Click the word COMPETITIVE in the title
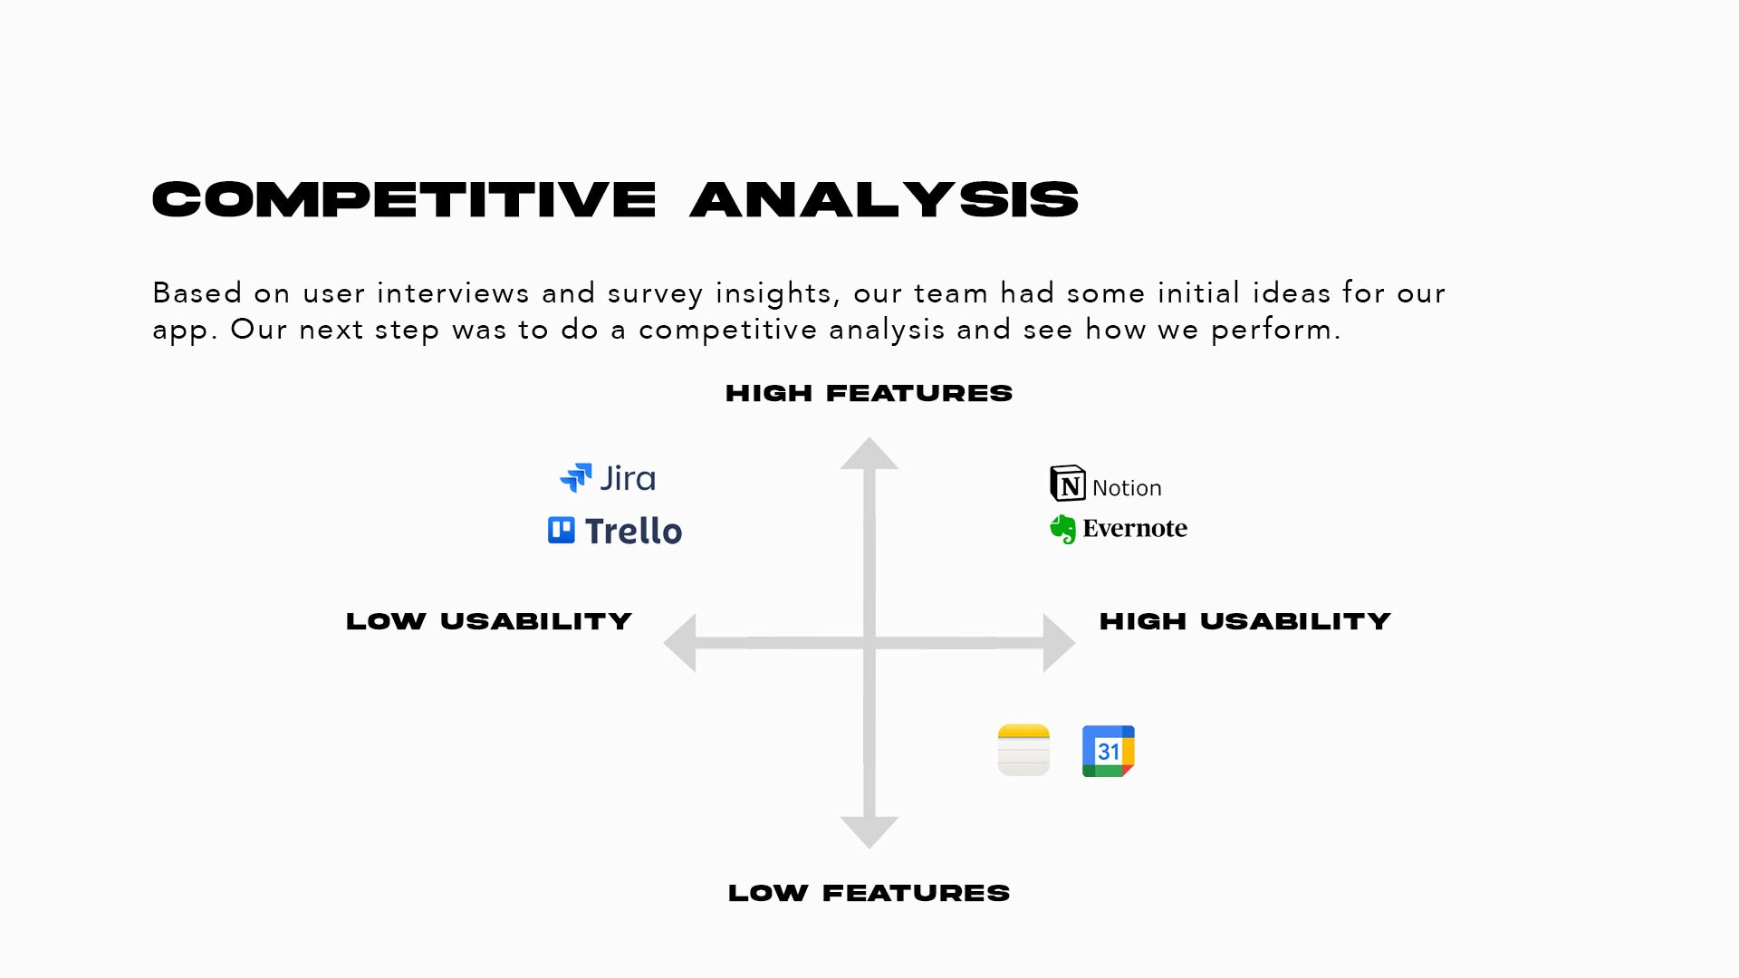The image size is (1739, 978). tap(404, 199)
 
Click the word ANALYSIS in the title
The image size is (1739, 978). tap(885, 199)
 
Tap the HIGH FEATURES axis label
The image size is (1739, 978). tap(869, 393)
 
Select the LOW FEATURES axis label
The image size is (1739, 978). tap(869, 893)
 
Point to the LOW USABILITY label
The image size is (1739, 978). tap(489, 621)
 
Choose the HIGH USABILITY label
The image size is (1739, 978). tap(1245, 621)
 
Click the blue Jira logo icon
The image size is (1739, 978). tap(576, 477)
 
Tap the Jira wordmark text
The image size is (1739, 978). tap(628, 478)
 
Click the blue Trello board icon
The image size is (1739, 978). tap(562, 530)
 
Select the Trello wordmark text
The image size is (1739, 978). tap(633, 531)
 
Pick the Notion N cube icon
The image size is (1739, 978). tap(1068, 484)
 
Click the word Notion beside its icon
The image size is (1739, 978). tap(1127, 488)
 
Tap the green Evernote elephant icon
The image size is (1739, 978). tap(1063, 529)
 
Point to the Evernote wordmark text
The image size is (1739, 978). tap(1135, 528)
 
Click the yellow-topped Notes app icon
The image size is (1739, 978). tap(1023, 750)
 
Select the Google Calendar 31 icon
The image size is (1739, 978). tap(1109, 751)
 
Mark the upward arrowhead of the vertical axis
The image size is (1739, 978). tap(869, 454)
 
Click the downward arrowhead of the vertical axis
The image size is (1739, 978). tap(869, 832)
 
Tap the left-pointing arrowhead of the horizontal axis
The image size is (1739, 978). tap(680, 643)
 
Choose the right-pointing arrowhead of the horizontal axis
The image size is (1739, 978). tap(1059, 643)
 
